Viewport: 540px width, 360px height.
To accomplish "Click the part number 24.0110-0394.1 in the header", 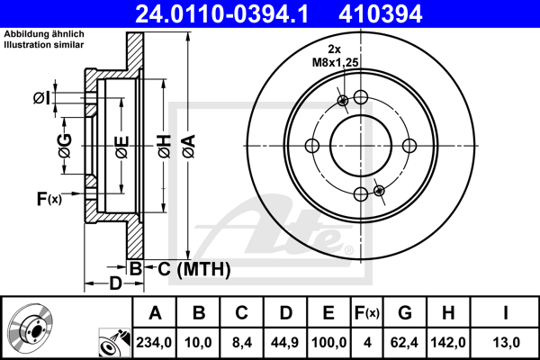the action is coord(221,14).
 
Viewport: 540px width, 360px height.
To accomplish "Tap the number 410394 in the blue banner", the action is coord(380,14).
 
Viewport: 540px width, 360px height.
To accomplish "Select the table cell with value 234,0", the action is coord(154,342).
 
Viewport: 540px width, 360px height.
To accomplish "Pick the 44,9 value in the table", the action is coord(284,342).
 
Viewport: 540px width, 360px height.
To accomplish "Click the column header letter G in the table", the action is coord(405,313).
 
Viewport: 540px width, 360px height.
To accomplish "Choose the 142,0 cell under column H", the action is coord(448,342).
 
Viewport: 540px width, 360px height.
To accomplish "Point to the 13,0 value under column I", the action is coord(506,342).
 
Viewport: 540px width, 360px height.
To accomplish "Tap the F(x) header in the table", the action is coord(367,313).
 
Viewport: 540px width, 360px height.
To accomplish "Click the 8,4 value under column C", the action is coord(242,342).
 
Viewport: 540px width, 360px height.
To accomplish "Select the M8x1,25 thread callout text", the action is coord(336,62).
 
